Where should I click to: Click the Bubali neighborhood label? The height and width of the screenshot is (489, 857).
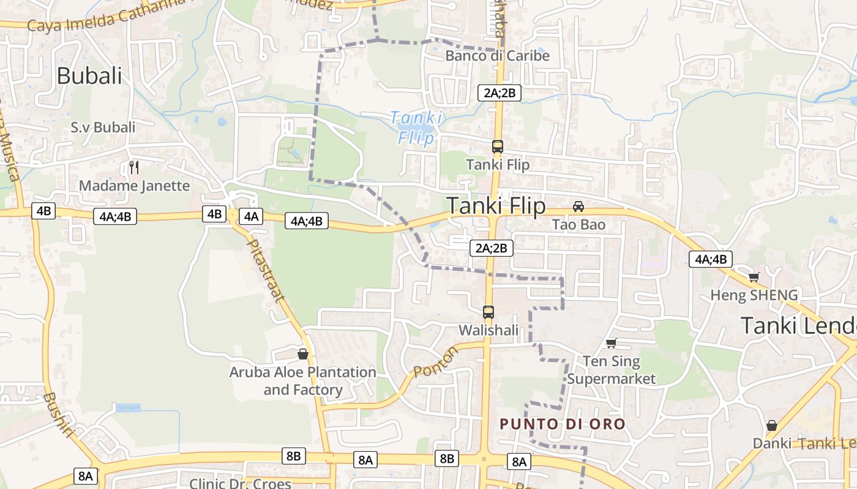(x=89, y=76)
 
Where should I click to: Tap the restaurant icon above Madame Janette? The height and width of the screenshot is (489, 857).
(x=134, y=167)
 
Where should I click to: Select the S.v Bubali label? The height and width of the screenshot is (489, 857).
(x=103, y=127)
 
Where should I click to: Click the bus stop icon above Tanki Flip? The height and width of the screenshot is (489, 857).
(x=498, y=147)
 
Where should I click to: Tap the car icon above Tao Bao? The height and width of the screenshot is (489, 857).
(x=578, y=207)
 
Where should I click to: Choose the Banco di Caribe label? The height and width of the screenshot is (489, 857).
(x=497, y=56)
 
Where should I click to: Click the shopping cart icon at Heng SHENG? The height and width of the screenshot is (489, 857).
(x=754, y=278)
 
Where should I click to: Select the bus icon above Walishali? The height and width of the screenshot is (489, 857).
(x=488, y=312)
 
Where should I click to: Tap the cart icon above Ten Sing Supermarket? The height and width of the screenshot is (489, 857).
(x=610, y=343)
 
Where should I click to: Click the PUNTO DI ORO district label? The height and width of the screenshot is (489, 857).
(x=563, y=424)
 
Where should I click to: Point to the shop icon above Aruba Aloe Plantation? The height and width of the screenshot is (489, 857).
(x=302, y=354)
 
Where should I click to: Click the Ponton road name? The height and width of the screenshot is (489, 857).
(x=435, y=362)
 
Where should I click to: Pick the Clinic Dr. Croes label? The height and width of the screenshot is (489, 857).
(x=240, y=483)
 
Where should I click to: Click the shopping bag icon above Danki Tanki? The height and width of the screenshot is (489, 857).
(x=772, y=425)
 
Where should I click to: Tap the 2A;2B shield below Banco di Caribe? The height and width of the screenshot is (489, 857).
(x=499, y=93)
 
